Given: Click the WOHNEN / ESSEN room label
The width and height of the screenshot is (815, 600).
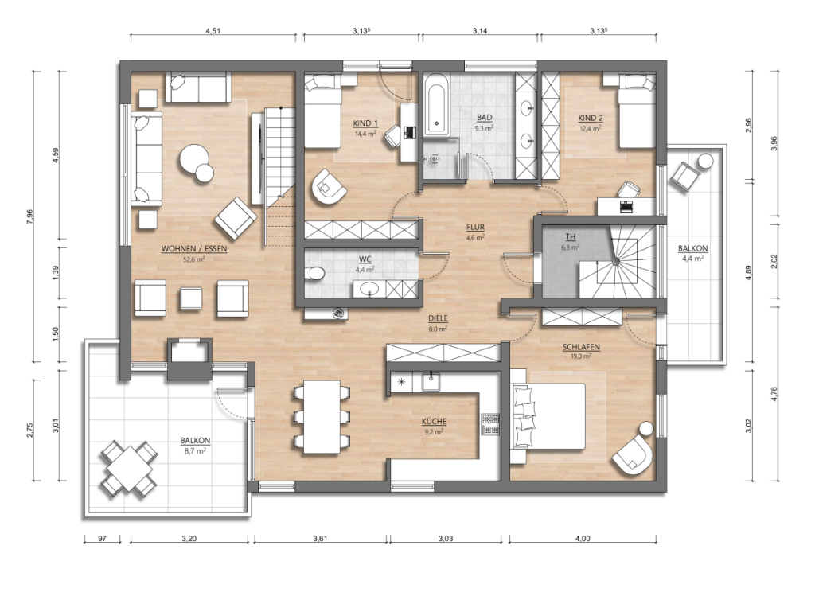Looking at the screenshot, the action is [x=194, y=249].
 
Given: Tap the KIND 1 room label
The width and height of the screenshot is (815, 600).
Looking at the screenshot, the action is [x=365, y=123].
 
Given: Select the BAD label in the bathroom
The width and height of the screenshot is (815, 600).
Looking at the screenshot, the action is [x=484, y=118].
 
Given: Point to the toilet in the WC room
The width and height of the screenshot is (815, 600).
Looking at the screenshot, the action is [x=314, y=273].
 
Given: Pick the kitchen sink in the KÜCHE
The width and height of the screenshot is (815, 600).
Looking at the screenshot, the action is [x=431, y=382].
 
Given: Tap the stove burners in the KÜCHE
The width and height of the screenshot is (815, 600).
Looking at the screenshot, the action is [x=490, y=423].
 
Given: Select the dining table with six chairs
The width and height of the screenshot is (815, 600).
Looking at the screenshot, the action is [x=322, y=417].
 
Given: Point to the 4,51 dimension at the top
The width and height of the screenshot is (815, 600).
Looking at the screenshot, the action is [x=213, y=31].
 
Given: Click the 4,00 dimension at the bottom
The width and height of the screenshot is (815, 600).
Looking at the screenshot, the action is [x=583, y=539].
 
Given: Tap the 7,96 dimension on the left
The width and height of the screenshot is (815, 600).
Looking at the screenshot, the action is [x=29, y=216].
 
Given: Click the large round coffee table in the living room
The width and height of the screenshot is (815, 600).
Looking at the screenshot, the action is [x=193, y=158].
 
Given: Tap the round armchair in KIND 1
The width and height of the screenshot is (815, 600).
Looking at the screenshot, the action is [x=329, y=186].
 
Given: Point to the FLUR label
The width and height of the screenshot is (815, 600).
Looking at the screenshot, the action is [x=475, y=227].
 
